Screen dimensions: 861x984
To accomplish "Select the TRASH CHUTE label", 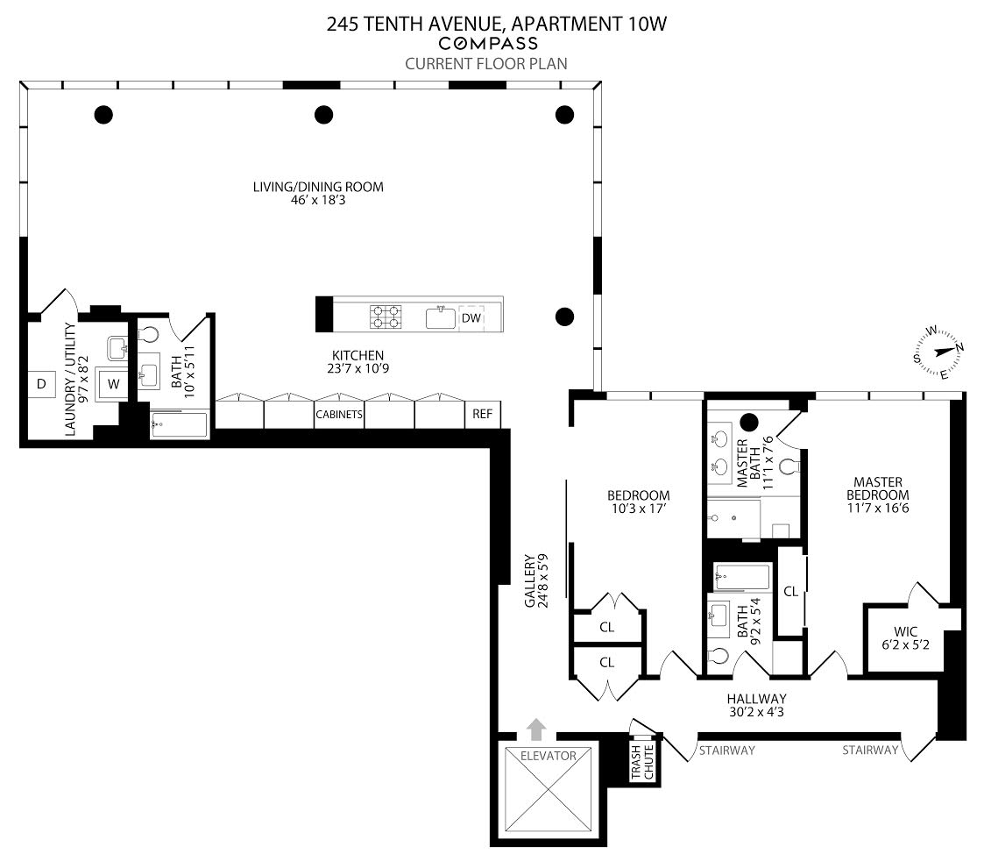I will (643, 763).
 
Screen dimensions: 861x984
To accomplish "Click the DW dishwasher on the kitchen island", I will (471, 317).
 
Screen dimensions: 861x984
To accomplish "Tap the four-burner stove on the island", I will (386, 317).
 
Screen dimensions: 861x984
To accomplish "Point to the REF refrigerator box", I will (482, 414).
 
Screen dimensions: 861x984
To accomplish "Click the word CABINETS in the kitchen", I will (339, 415).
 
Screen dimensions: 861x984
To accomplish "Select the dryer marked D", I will (40, 383).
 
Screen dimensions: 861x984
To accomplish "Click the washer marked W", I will (111, 383).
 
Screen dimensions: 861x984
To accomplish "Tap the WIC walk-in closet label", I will (905, 631).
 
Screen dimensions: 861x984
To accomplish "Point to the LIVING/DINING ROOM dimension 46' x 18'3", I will (318, 201).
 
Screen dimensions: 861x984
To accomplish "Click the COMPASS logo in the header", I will (488, 44).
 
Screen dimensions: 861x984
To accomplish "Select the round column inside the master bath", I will (749, 421).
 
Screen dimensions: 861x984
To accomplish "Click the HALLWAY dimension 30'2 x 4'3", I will (755, 713).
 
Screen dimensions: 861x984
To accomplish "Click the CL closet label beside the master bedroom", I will (790, 592).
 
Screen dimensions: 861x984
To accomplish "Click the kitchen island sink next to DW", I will (441, 317).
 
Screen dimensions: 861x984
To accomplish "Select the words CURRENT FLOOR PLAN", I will (485, 63).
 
